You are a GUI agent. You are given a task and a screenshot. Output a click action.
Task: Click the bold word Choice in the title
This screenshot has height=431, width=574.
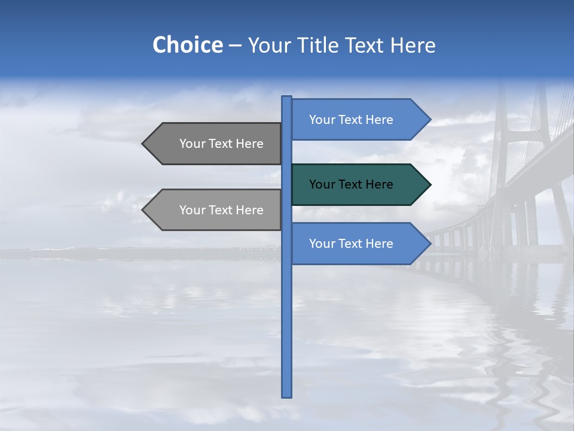coord(187,45)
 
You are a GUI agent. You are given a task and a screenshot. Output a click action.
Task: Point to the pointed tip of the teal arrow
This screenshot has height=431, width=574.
coord(430,184)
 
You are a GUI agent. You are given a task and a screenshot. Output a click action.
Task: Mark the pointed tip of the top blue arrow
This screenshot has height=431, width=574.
coord(430,120)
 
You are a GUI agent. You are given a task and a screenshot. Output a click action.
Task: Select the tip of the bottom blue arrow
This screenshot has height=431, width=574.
coord(430,244)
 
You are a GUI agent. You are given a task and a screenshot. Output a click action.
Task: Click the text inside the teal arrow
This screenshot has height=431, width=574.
coord(351,184)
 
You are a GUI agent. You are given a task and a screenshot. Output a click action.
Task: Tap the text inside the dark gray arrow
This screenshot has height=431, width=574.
coord(221,144)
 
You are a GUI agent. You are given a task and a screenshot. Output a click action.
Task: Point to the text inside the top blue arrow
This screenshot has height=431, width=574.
coord(351,120)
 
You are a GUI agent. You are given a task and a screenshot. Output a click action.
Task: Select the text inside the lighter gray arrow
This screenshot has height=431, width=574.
coord(221,210)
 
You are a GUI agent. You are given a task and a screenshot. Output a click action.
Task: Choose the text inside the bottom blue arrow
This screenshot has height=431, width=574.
coord(351,244)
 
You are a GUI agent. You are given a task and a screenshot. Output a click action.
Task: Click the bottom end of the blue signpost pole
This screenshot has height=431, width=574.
coord(286,395)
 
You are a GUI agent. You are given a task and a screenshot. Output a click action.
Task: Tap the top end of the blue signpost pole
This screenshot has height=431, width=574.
coord(286,98)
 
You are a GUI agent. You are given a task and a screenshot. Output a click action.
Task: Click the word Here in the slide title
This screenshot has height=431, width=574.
coord(413,45)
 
